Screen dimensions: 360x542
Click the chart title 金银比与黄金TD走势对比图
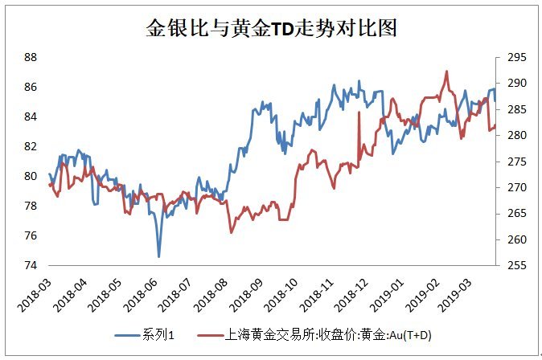271,28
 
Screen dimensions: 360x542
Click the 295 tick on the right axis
515,57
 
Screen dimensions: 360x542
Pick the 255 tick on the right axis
515,265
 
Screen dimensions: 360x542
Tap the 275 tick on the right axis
515,162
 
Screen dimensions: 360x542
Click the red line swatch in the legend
211,333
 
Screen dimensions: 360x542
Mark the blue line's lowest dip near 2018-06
158,256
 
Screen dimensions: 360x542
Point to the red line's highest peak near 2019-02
446,71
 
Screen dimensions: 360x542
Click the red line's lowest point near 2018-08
232,232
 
